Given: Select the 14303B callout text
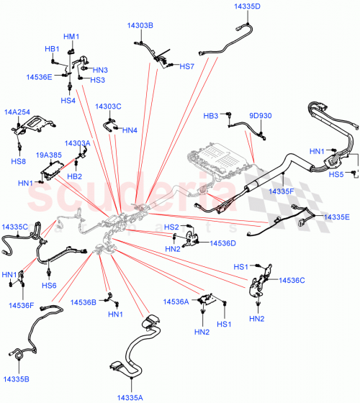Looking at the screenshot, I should [140, 25].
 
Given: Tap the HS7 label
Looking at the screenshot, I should [187, 66].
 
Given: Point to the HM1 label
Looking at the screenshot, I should [71, 37].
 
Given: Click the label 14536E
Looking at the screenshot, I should [39, 76].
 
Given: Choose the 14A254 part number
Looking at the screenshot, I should [18, 113].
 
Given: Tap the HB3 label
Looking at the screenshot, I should [210, 115].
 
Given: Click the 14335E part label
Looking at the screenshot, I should [336, 217].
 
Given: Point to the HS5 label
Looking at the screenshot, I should [336, 174].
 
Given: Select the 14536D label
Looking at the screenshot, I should [222, 243].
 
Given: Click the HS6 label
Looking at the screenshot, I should [49, 286].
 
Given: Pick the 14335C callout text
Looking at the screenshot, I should [14, 227].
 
